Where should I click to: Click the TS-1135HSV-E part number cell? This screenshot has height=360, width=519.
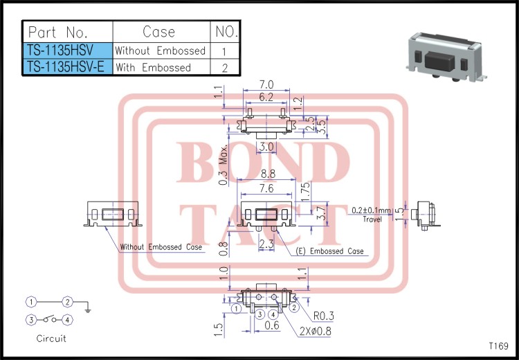67,67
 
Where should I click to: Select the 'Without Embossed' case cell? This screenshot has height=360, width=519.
160,51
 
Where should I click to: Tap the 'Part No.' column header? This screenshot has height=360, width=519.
67,32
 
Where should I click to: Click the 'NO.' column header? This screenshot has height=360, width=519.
226,32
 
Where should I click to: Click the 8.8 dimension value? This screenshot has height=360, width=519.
268,175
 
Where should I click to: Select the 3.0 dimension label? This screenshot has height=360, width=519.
266,147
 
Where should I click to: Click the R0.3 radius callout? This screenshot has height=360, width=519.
323,316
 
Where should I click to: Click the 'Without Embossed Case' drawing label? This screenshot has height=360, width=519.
161,247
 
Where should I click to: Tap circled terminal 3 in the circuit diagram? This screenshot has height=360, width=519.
31,320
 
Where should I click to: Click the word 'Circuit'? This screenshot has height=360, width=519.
51,339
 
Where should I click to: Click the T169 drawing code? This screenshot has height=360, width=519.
498,345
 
